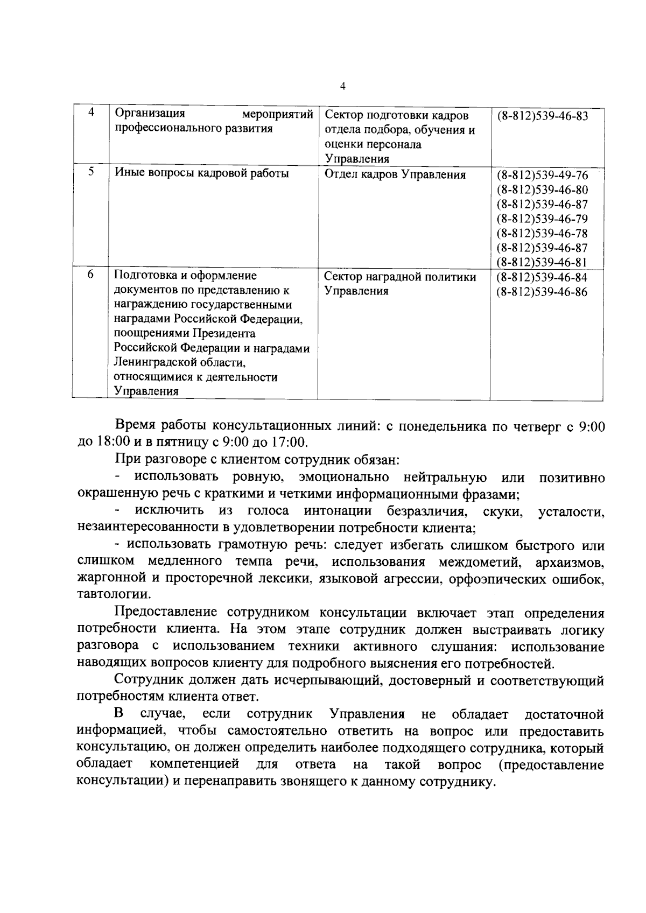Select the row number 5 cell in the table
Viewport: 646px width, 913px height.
(x=90, y=172)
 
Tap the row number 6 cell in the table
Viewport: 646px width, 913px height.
(x=90, y=275)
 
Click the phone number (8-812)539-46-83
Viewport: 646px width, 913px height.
(x=542, y=116)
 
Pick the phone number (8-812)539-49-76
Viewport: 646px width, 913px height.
(x=542, y=175)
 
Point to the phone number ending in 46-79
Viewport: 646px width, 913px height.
(x=542, y=219)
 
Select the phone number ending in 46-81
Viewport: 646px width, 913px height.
(x=542, y=263)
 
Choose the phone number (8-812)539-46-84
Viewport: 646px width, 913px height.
(x=542, y=278)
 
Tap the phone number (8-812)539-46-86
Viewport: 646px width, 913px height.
(x=542, y=292)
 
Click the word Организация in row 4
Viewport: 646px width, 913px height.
(x=150, y=114)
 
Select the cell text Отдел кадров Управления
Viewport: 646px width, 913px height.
(x=395, y=175)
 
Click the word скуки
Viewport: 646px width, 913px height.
(x=503, y=511)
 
